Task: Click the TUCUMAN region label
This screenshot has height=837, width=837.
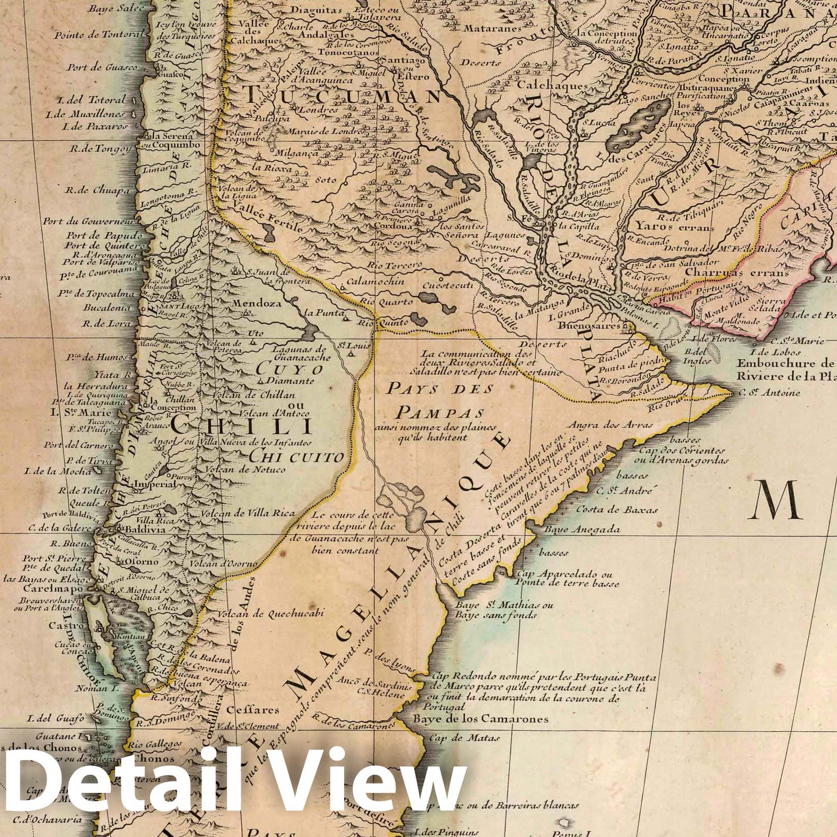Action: point(343,97)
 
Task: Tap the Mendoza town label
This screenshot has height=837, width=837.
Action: point(251,303)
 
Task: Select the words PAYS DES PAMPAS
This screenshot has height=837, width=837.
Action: point(439,400)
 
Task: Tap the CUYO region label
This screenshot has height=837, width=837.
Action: point(281,368)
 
